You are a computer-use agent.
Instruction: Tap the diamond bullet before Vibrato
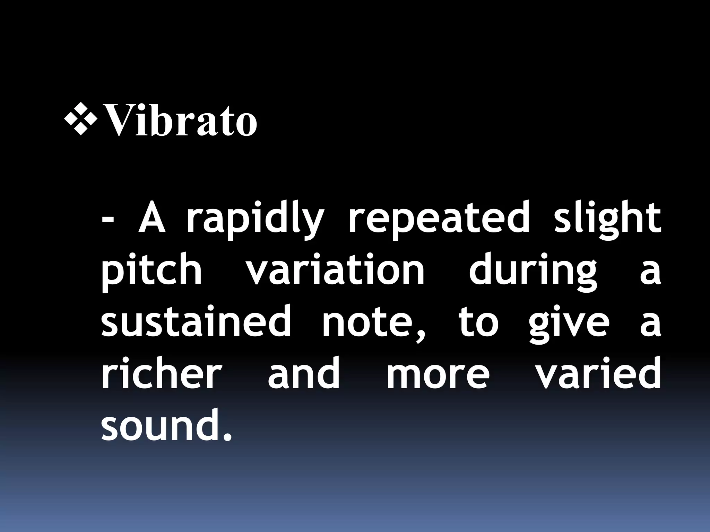[81, 118]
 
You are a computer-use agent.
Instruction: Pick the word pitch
[151, 272]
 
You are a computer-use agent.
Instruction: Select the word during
[533, 272]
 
